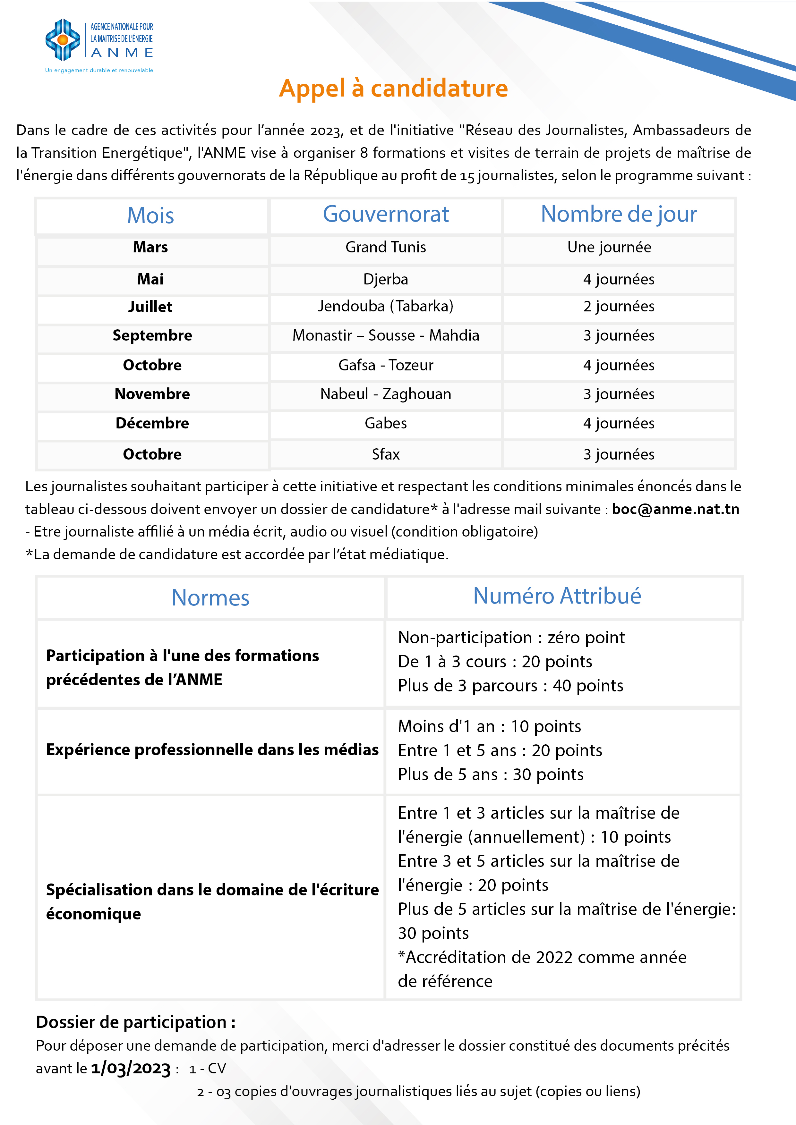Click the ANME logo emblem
pos(63,40)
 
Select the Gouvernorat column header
pos(386,215)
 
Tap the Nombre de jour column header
pos(619,215)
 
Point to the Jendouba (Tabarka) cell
pos(386,307)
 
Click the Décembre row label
pos(152,423)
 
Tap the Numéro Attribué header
pos(557,596)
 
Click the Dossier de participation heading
pos(136,1022)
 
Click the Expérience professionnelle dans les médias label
pos(212,750)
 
